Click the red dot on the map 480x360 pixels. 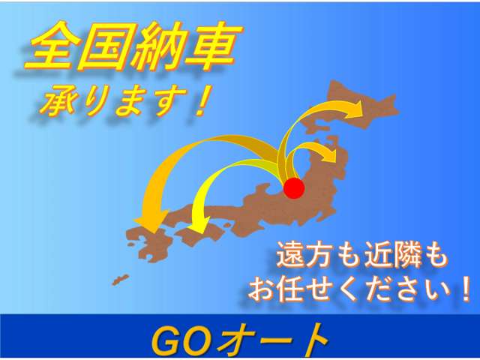(295, 188)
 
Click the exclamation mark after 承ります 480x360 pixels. (199, 101)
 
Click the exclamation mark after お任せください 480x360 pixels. (465, 288)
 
